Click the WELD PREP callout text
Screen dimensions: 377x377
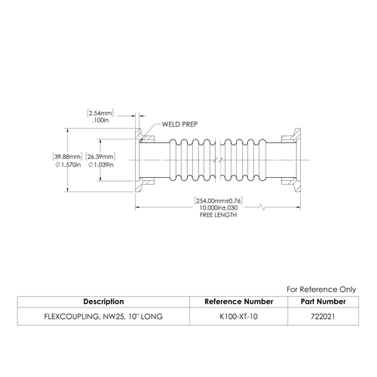click(x=179, y=124)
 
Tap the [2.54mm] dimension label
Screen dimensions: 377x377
click(x=100, y=113)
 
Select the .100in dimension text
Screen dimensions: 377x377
click(x=100, y=120)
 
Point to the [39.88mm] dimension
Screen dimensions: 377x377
click(x=68, y=157)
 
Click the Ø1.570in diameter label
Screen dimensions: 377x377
click(x=68, y=165)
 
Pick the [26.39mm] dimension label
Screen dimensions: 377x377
click(x=100, y=157)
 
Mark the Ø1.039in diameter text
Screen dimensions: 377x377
click(x=100, y=165)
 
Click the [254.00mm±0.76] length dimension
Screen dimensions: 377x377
click(x=219, y=201)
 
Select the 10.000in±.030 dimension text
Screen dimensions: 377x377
click(x=219, y=208)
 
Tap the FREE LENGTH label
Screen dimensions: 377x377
click(x=219, y=215)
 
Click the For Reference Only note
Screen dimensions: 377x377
click(x=321, y=290)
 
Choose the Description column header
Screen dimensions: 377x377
click(x=103, y=302)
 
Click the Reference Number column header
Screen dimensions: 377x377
click(x=239, y=302)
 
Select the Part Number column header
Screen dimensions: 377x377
click(x=323, y=302)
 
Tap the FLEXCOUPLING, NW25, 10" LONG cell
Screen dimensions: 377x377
click(x=103, y=317)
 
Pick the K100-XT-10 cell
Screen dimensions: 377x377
click(x=239, y=317)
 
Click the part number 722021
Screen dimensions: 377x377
click(x=323, y=317)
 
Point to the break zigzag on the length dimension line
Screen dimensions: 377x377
click(x=262, y=207)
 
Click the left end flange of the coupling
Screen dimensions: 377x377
click(x=139, y=161)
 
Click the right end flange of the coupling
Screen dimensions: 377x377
click(x=297, y=161)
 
